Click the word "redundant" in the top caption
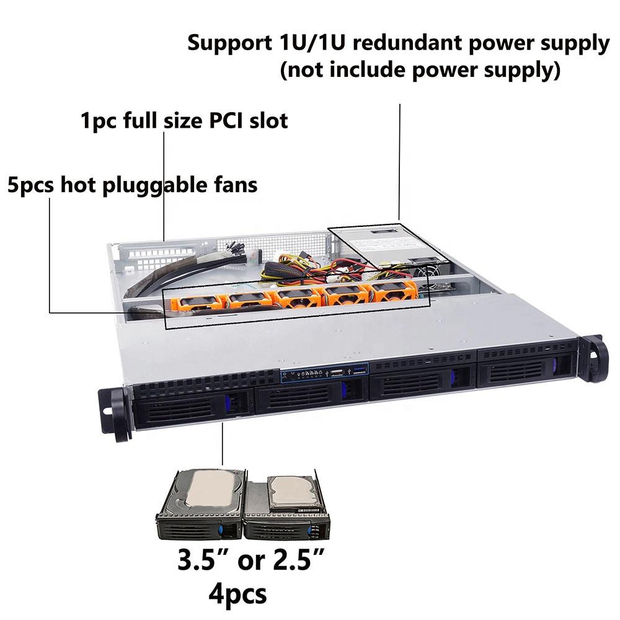(408, 43)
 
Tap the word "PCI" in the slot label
(226, 120)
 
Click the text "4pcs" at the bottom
(237, 593)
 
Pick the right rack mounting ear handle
(595, 358)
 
